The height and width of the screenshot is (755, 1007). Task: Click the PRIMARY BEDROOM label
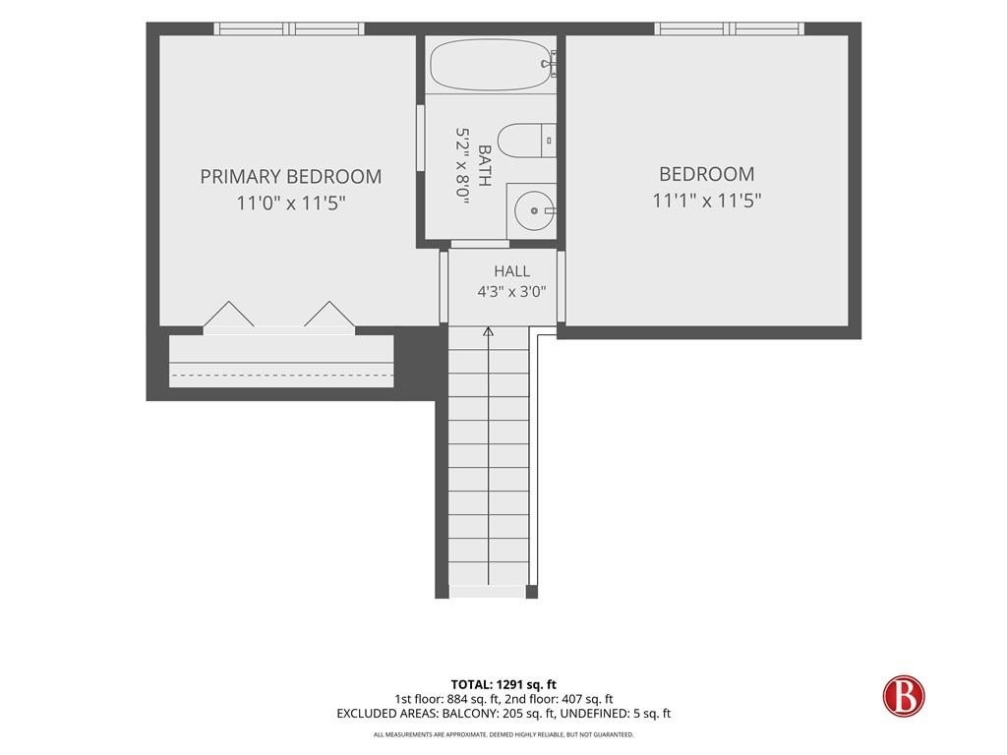290,177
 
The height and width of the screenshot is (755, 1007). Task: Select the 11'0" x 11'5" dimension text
291,203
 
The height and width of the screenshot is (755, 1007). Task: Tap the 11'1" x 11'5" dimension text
706,201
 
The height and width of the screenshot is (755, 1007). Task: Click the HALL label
511,271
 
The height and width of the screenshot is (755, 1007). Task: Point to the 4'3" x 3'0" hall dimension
511,292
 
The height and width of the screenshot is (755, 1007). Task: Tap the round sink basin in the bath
534,210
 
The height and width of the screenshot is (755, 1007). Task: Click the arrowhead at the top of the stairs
488,332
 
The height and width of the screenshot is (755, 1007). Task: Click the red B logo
903,695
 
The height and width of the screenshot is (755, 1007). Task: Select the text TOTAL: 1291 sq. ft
503,684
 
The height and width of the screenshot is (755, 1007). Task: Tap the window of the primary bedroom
289,29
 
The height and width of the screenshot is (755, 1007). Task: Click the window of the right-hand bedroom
730,29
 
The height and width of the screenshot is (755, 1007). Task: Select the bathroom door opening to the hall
480,244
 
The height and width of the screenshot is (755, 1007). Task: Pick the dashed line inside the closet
281,375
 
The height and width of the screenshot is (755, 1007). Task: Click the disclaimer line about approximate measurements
503,734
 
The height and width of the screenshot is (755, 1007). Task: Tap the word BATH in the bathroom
485,165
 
